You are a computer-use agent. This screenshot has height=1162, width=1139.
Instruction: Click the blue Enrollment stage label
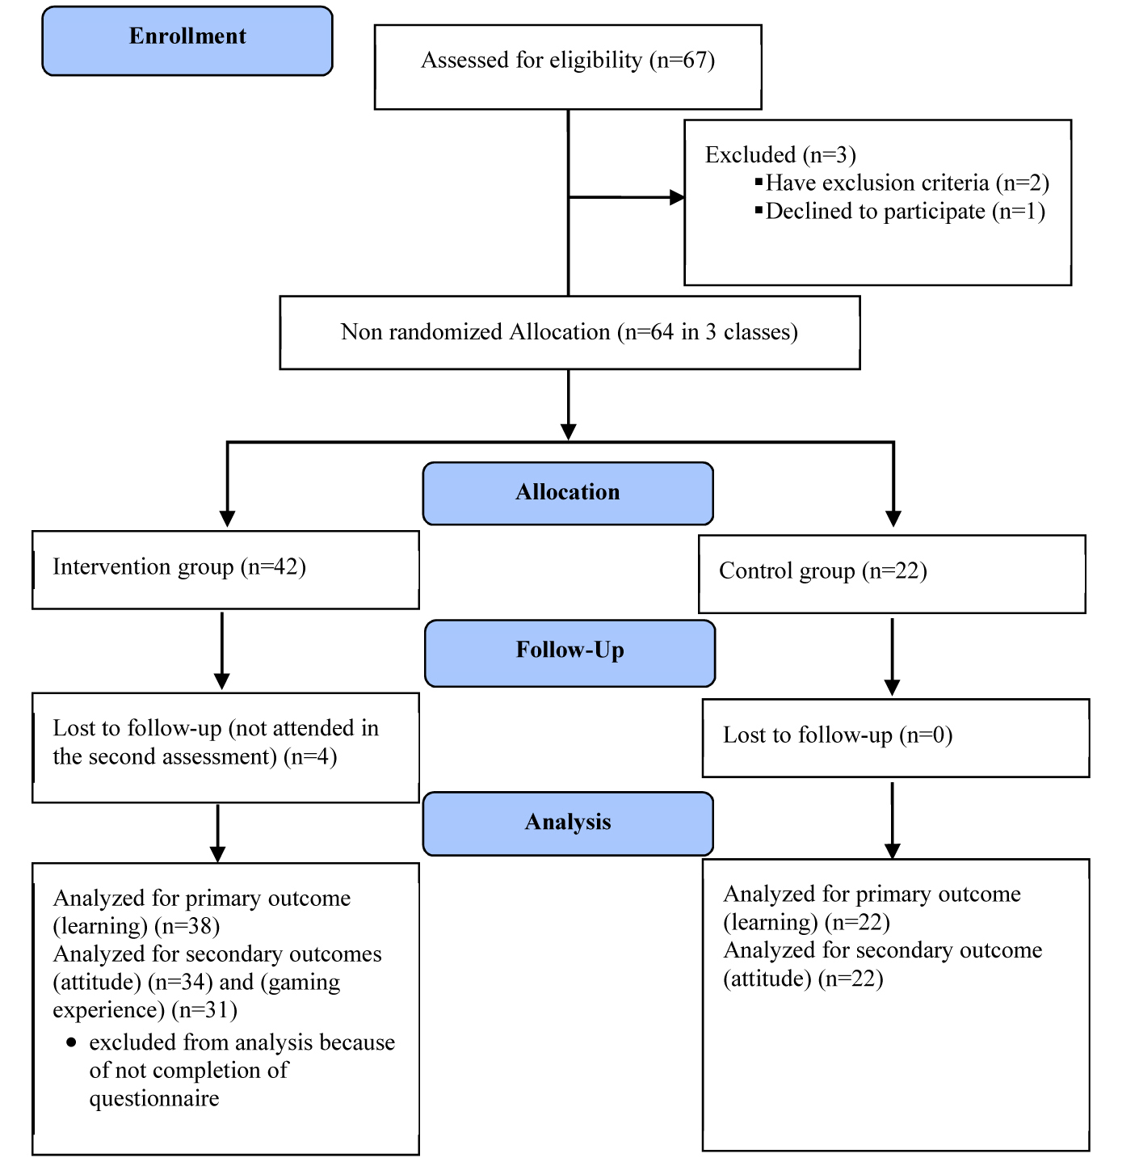pyautogui.click(x=187, y=41)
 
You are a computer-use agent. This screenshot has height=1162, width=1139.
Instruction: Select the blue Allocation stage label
pyautogui.click(x=568, y=493)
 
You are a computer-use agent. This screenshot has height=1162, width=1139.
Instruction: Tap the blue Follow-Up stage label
pyautogui.click(x=569, y=653)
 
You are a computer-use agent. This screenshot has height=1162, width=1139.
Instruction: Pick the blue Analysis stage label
pyautogui.click(x=568, y=823)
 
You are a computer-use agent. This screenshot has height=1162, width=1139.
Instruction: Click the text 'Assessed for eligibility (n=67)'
pyautogui.click(x=568, y=61)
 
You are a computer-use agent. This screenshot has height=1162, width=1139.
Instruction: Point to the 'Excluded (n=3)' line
pyautogui.click(x=780, y=155)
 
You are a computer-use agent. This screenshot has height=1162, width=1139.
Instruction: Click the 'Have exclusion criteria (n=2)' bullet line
pyautogui.click(x=902, y=183)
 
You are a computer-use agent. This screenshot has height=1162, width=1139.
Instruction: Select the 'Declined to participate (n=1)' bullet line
pyautogui.click(x=900, y=211)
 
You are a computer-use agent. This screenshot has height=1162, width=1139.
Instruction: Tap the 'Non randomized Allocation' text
pyautogui.click(x=476, y=331)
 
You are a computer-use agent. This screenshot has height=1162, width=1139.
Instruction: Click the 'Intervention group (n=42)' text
pyautogui.click(x=179, y=566)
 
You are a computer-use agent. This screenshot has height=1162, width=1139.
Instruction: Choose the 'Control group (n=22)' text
pyautogui.click(x=822, y=571)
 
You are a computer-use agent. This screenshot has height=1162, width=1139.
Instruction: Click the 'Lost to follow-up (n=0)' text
pyautogui.click(x=838, y=735)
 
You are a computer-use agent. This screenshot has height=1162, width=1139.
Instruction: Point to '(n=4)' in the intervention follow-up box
pyautogui.click(x=310, y=757)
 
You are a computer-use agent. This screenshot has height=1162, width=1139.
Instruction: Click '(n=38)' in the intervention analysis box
pyautogui.click(x=187, y=926)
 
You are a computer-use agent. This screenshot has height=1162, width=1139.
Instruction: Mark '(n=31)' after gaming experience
pyautogui.click(x=204, y=1010)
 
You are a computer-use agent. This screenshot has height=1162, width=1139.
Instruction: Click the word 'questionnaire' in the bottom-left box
pyautogui.click(x=153, y=1099)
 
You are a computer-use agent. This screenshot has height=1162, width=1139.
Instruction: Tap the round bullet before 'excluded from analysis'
pyautogui.click(x=72, y=1042)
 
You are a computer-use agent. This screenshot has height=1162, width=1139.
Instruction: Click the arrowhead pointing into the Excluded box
pyautogui.click(x=677, y=197)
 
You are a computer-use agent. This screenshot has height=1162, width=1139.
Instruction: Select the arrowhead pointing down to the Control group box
pyautogui.click(x=893, y=520)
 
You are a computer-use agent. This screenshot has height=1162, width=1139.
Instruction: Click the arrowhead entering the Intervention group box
pyautogui.click(x=227, y=520)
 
